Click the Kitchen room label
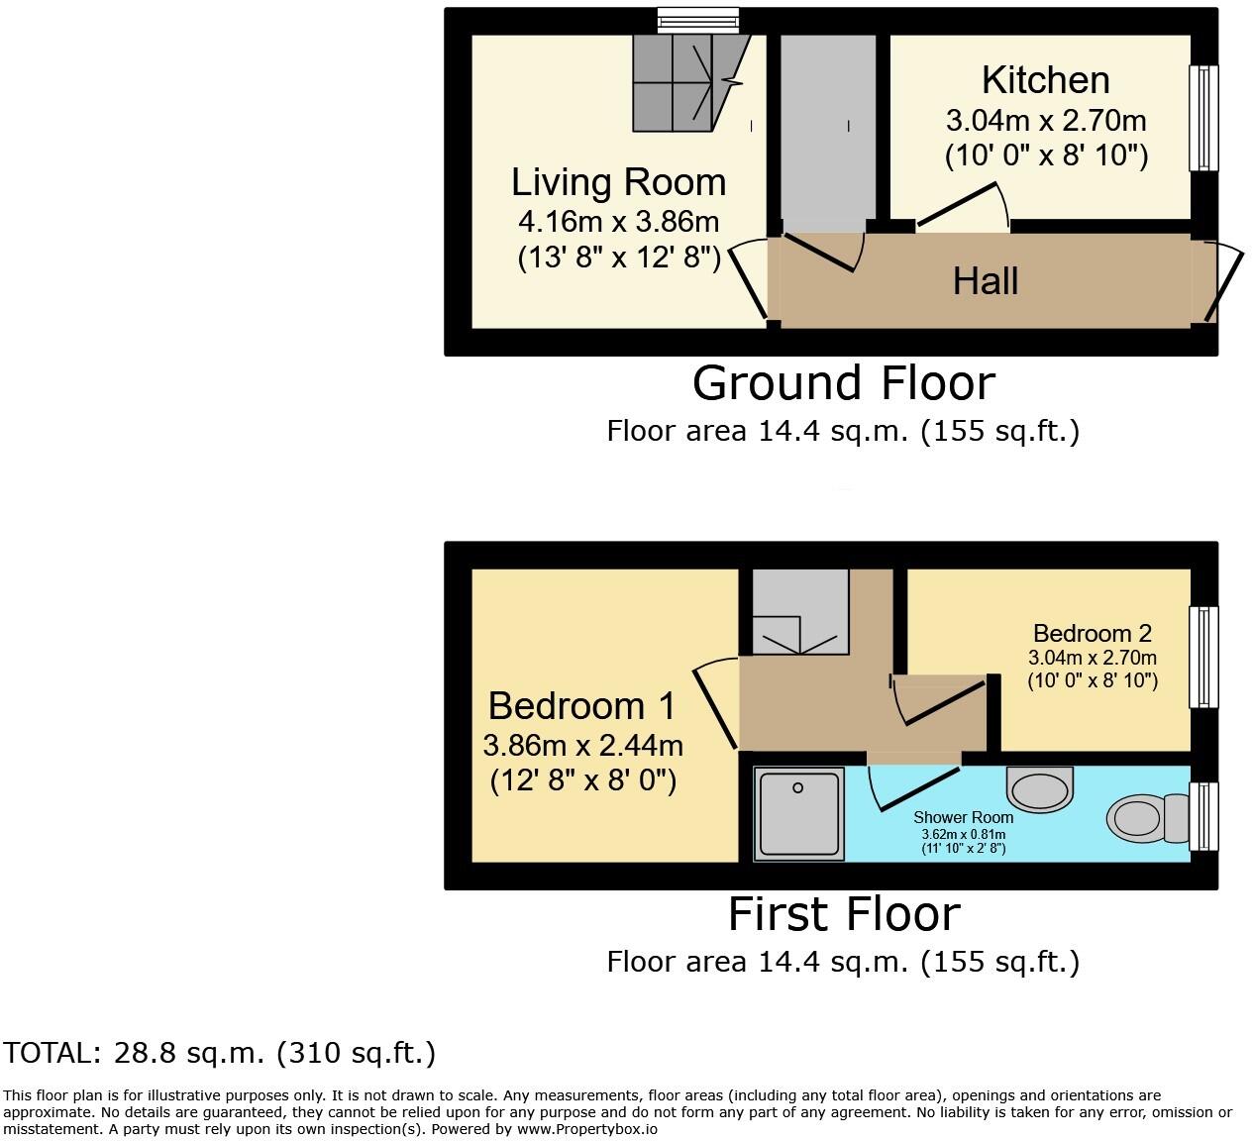click(x=1045, y=79)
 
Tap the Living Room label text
click(x=618, y=182)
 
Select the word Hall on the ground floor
click(x=986, y=281)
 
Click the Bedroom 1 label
click(x=581, y=706)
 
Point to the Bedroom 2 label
click(x=1092, y=633)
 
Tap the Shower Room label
click(x=963, y=817)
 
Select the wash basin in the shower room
click(x=1039, y=787)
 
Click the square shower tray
click(x=798, y=812)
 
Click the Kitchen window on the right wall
click(x=1204, y=119)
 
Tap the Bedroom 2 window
click(x=1204, y=657)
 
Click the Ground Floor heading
click(x=843, y=383)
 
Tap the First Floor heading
click(x=844, y=914)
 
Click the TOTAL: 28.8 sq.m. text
click(x=219, y=1053)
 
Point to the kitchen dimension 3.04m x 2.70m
click(x=1046, y=121)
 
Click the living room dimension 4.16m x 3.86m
click(x=618, y=222)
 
